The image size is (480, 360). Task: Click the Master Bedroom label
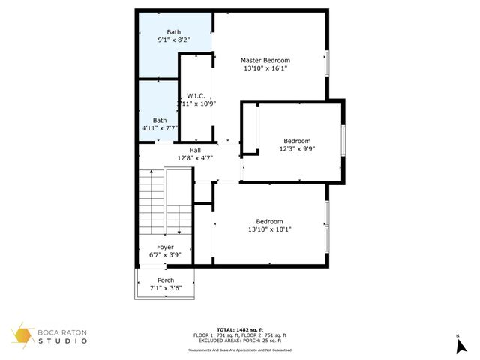point(265,60)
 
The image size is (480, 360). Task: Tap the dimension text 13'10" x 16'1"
point(265,68)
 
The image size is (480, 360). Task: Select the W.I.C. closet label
point(196,96)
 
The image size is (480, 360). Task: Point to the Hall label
point(195,151)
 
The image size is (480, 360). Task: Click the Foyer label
point(165,247)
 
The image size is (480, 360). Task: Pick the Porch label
point(166,280)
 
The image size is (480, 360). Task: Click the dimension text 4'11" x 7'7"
point(160,128)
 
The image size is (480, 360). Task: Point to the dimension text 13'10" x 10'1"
point(269,229)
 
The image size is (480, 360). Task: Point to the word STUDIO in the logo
point(63,341)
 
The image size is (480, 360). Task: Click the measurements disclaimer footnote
point(240,349)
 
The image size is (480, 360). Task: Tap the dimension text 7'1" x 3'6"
point(166,288)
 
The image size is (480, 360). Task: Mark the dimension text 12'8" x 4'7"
point(195,158)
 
